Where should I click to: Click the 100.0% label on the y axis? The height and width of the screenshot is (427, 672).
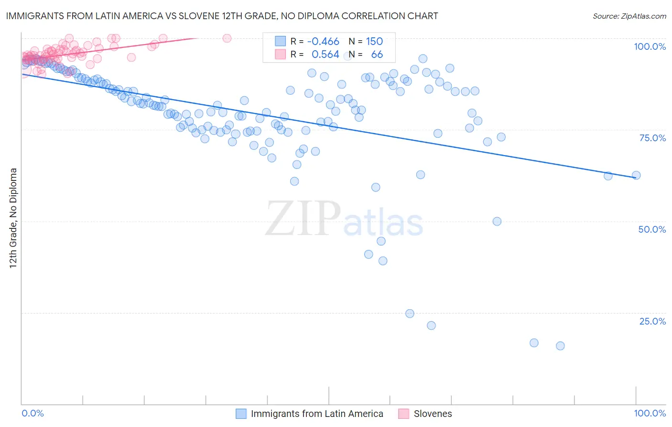click(x=650, y=46)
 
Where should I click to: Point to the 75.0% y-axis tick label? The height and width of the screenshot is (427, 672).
click(x=652, y=138)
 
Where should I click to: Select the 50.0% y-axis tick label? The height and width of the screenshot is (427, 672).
click(x=652, y=229)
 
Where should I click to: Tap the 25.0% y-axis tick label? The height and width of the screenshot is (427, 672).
click(x=652, y=321)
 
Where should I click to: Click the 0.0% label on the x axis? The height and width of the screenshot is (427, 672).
click(x=33, y=413)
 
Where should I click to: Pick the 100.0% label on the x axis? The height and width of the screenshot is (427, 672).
click(x=650, y=413)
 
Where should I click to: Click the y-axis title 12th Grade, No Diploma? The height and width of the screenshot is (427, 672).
click(x=13, y=218)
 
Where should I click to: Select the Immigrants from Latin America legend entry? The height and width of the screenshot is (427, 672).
click(x=317, y=414)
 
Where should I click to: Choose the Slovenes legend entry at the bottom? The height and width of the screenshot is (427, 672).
click(x=433, y=414)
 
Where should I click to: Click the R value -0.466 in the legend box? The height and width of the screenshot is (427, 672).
click(x=323, y=41)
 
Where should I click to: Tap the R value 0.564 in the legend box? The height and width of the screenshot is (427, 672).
click(x=325, y=55)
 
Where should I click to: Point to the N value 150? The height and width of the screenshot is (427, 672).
click(x=374, y=41)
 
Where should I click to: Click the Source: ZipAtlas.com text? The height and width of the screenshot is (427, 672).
click(x=629, y=16)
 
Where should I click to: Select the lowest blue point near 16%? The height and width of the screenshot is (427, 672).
click(x=560, y=346)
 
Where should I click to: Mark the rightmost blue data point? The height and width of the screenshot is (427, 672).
click(x=636, y=175)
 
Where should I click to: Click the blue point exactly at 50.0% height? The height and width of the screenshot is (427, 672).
click(x=497, y=221)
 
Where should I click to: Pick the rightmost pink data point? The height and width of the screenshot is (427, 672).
click(x=227, y=38)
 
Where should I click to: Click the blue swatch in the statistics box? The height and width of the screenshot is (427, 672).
click(x=280, y=41)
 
